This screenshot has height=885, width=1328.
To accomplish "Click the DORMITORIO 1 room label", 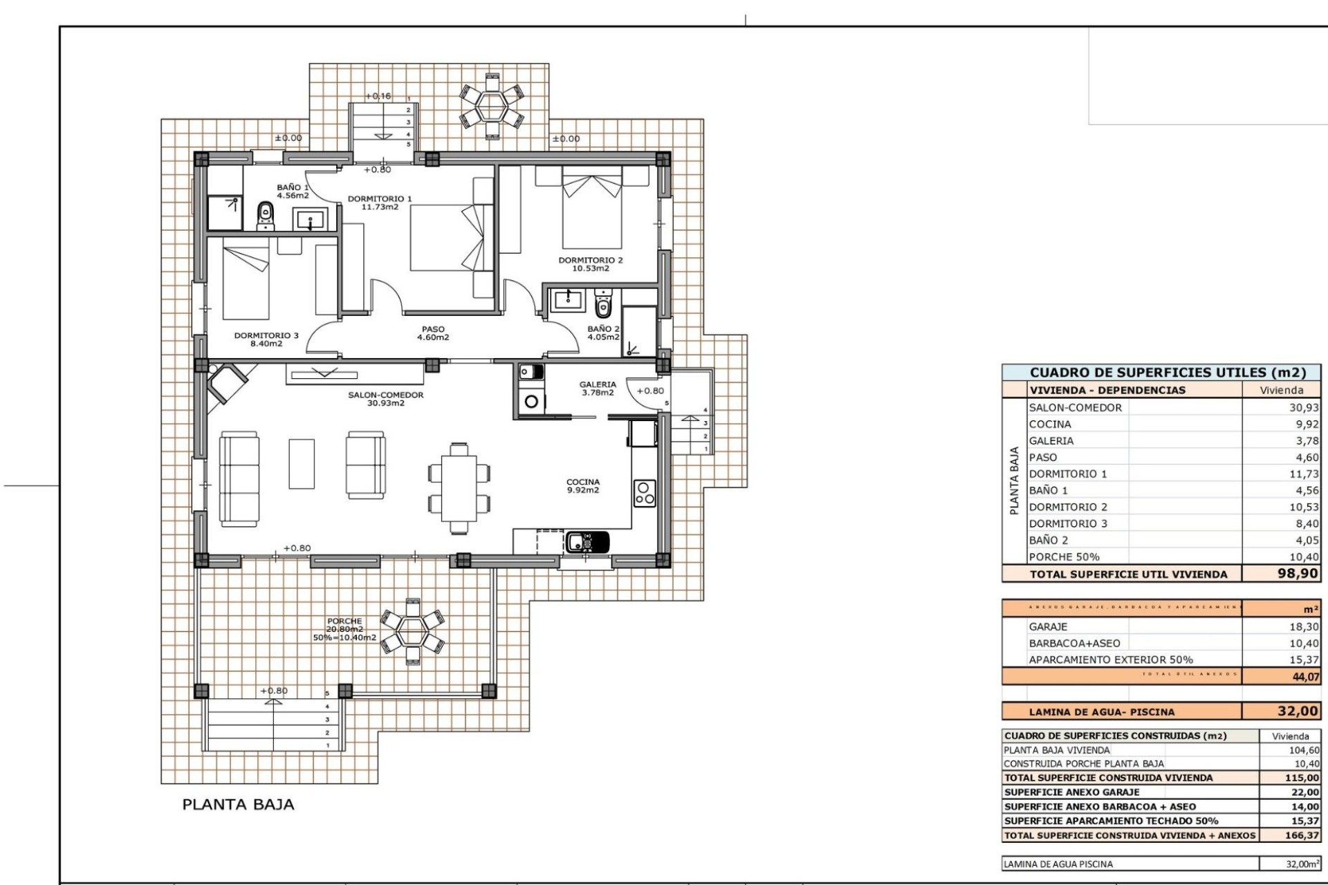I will click(379, 203).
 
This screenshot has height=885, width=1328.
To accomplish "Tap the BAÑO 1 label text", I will click(293, 192).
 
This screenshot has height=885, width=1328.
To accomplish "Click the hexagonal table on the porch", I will click(414, 631).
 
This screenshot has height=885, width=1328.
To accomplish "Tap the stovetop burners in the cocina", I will click(645, 493).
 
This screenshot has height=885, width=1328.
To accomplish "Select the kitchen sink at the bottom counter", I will click(587, 541).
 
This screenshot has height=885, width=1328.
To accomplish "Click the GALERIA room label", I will click(598, 389).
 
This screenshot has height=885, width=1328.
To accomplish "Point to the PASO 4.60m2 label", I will click(433, 334).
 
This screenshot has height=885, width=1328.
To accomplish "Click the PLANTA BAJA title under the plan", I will click(238, 804).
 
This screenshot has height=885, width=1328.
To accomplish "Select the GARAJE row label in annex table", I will click(1048, 626).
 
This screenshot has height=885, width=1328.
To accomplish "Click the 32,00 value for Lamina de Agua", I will click(1298, 711).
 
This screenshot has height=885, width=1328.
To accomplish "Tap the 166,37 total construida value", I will click(1302, 835).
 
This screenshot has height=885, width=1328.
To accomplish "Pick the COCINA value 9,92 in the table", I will click(1307, 425).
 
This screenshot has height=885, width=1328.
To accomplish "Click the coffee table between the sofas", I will click(302, 463).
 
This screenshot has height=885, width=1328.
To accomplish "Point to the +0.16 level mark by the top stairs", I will click(378, 96).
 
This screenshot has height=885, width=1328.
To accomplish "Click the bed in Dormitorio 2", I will click(591, 211).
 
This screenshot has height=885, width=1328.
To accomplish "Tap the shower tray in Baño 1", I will click(225, 212).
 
